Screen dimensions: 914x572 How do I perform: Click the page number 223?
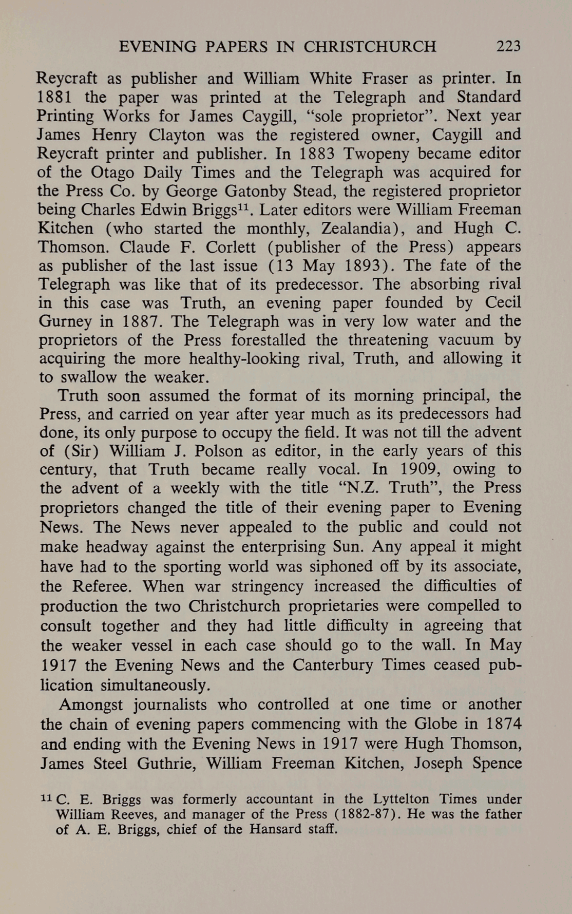coord(508,47)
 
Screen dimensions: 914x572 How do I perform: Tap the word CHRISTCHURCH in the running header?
coord(370,47)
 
